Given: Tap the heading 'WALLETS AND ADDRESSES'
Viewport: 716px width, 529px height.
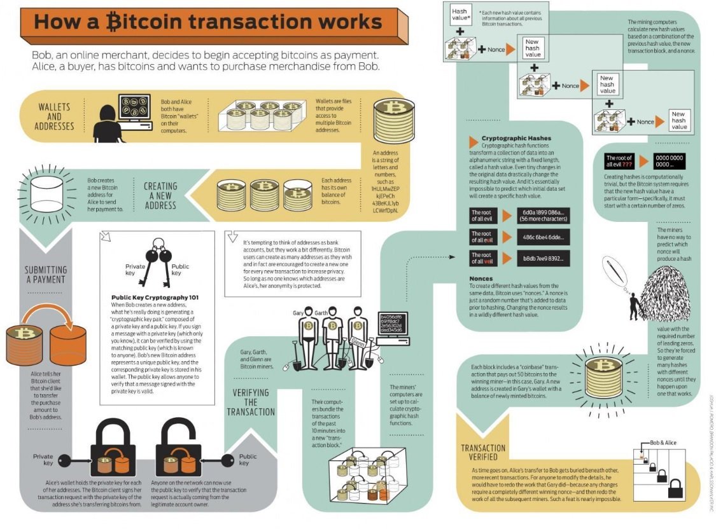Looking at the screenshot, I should (x=55, y=116).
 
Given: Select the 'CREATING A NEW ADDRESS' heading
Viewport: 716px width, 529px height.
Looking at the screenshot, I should (x=160, y=195).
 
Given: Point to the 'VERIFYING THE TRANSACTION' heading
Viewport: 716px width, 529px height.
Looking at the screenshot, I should (x=251, y=402).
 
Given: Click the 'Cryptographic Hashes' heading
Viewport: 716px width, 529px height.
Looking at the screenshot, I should (x=516, y=138).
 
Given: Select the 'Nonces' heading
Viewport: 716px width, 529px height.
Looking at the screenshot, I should (x=481, y=278).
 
